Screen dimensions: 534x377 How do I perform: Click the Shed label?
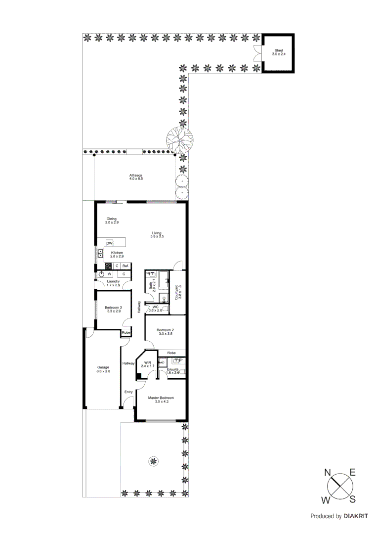tap(279, 52)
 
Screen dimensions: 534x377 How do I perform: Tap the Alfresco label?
tap(136, 177)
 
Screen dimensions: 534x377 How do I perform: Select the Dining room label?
tap(111, 221)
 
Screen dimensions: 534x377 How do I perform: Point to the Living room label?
tap(157, 235)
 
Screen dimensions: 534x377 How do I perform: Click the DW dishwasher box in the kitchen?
tap(109, 244)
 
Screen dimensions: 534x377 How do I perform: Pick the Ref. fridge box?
tap(126, 266)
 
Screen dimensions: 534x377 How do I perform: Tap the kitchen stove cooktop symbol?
tap(108, 266)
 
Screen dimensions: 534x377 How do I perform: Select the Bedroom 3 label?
tap(113, 310)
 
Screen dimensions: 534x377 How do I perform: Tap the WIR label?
tap(148, 364)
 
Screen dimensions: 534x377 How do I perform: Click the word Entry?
tap(128, 392)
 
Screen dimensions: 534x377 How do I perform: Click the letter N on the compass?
tap(328, 473)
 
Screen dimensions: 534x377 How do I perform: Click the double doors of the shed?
tap(257, 52)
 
